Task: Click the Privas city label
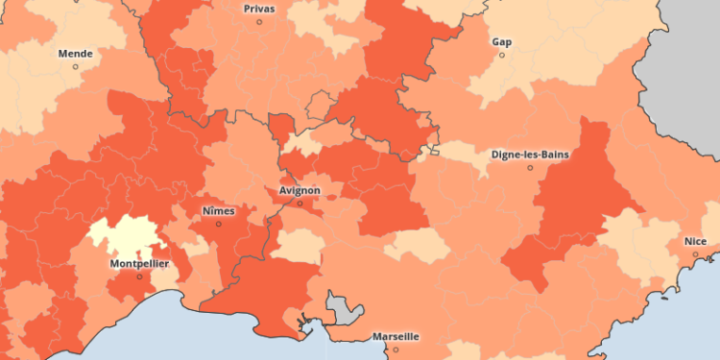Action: click(259, 8)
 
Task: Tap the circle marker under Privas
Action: click(259, 21)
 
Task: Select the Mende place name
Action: click(76, 54)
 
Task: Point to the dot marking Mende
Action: click(76, 67)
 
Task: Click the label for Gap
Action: click(501, 42)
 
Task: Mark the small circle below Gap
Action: click(501, 55)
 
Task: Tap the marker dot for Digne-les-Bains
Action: click(530, 167)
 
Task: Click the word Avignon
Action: click(299, 190)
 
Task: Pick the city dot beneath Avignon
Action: click(299, 204)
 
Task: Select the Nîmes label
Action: click(218, 210)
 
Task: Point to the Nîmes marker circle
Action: click(218, 224)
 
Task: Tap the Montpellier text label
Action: click(139, 263)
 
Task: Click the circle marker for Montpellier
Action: click(139, 276)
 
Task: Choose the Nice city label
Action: click(694, 240)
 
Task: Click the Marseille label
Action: click(396, 337)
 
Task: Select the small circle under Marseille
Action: click(396, 349)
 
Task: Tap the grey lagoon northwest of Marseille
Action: click(344, 309)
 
